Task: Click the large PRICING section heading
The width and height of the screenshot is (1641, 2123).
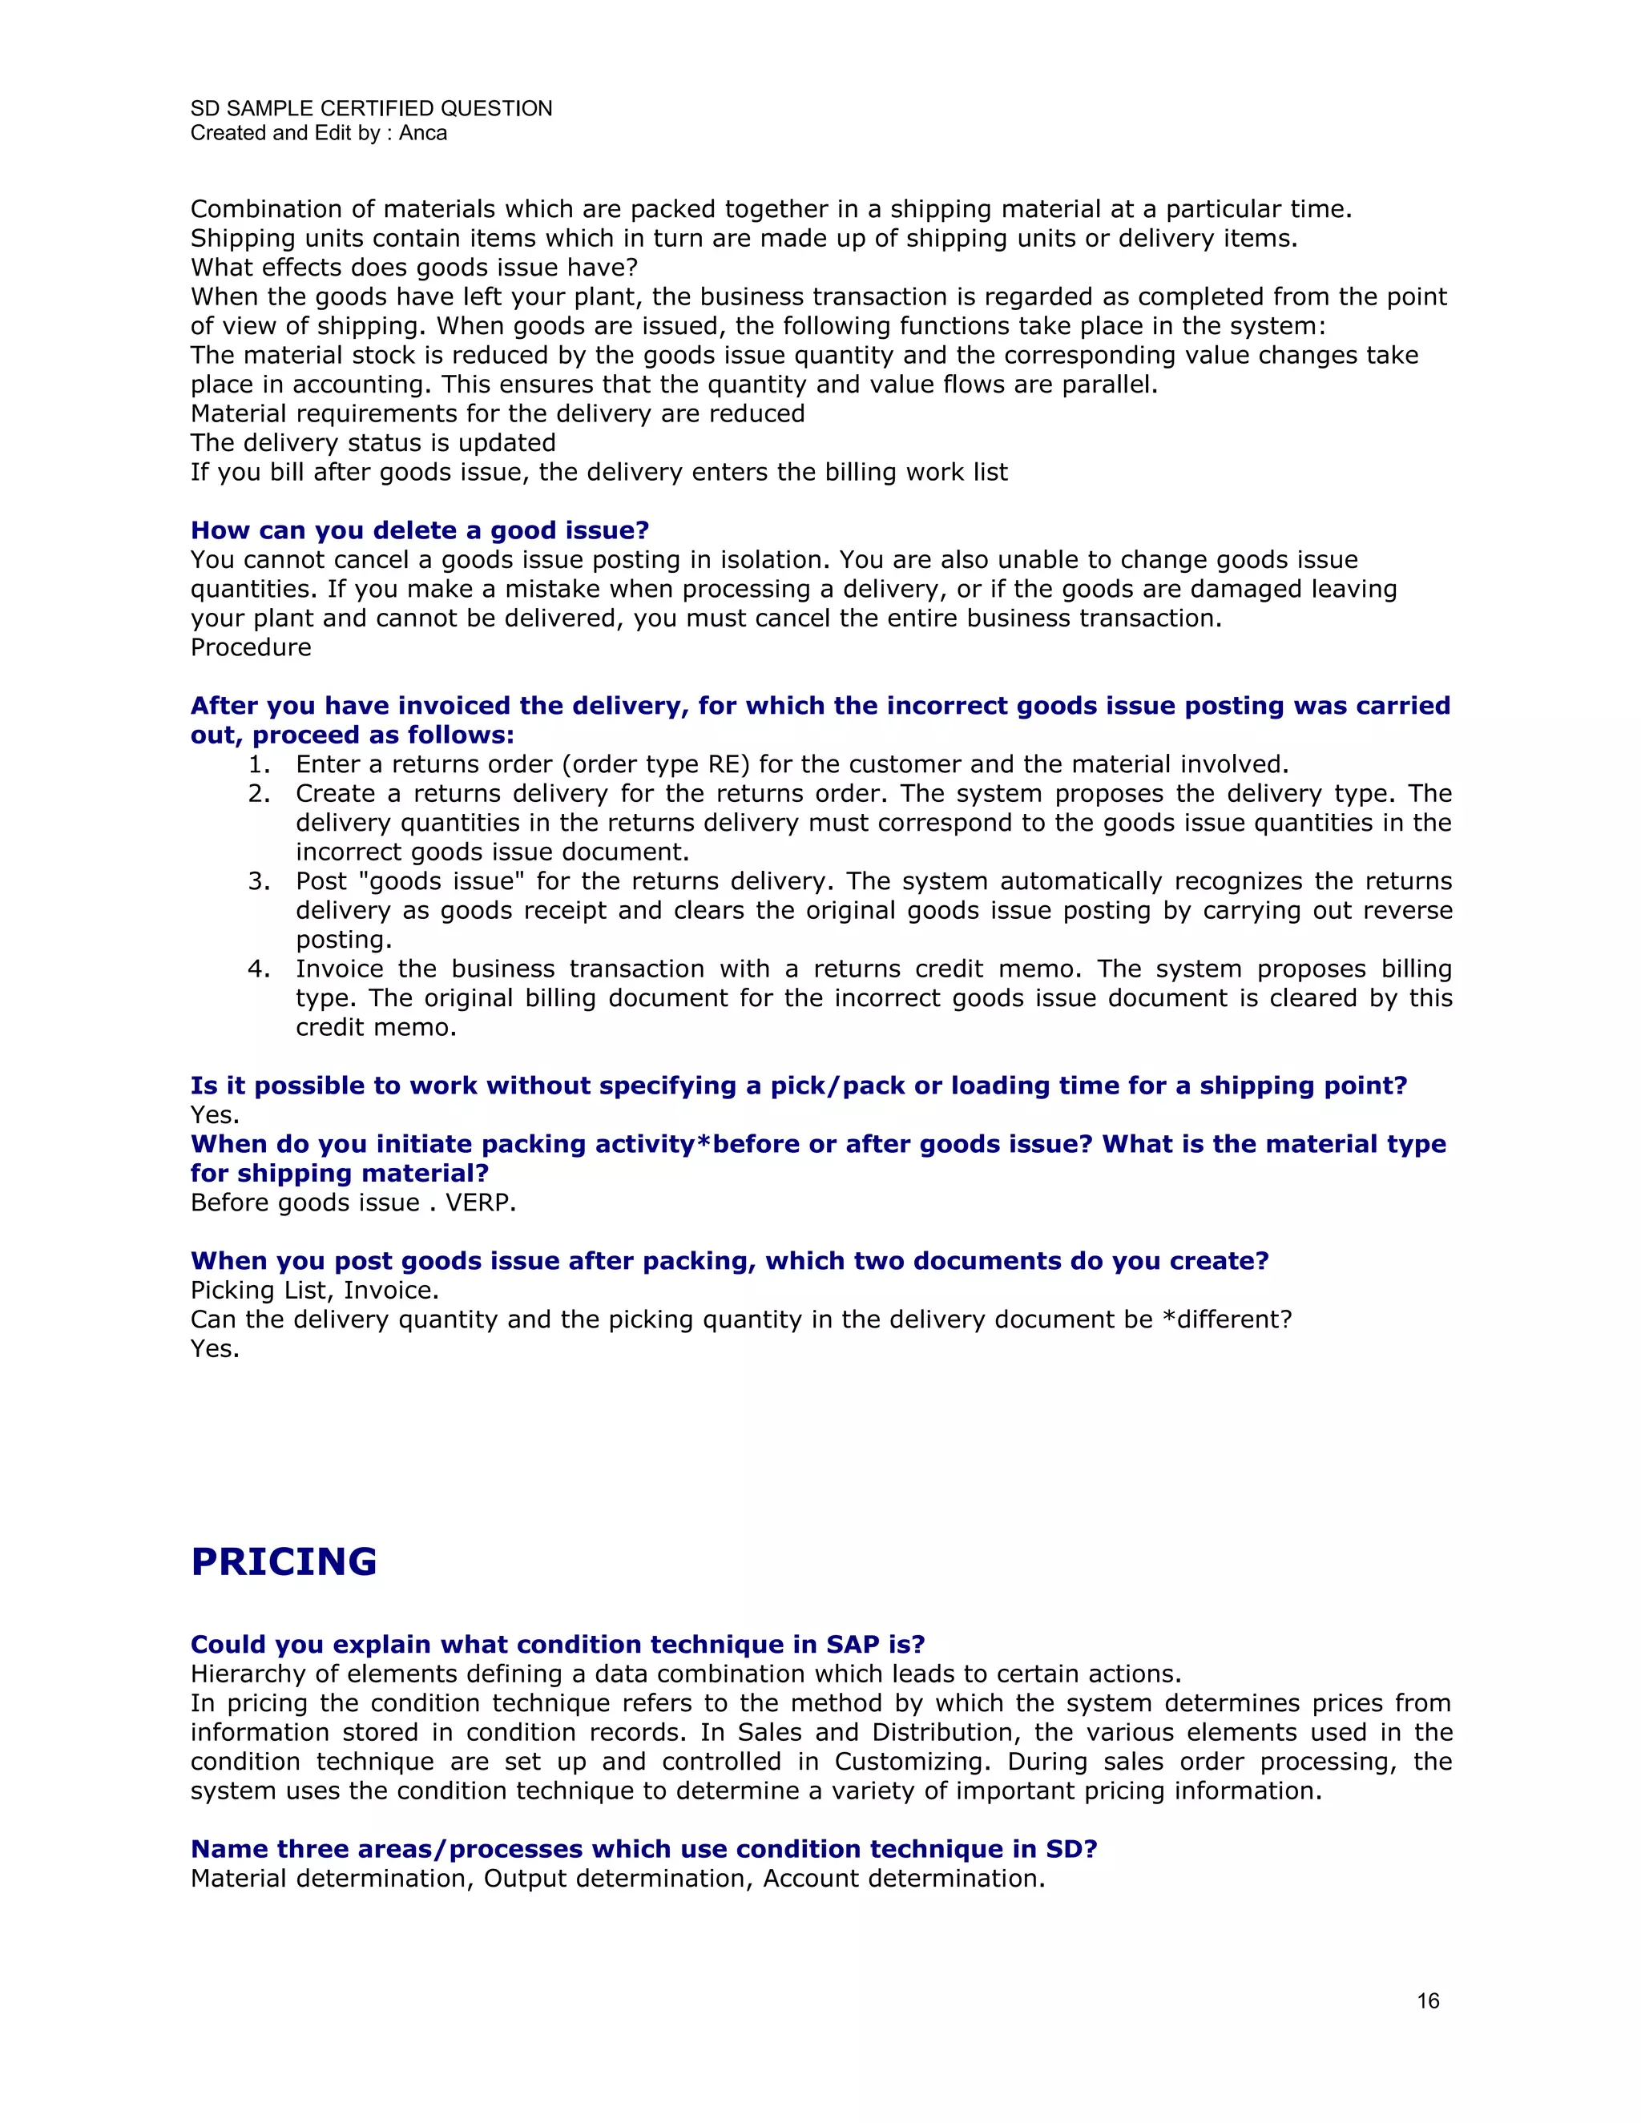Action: pyautogui.click(x=283, y=1562)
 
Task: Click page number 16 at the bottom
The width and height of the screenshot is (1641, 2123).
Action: pyautogui.click(x=1427, y=2000)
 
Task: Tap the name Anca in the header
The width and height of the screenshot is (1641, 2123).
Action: pyautogui.click(x=423, y=133)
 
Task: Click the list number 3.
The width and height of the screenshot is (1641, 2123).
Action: pyautogui.click(x=259, y=882)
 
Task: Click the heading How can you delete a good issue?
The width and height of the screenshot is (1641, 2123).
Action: pyautogui.click(x=419, y=530)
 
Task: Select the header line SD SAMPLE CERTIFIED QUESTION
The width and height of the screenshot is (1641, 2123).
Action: pyautogui.click(x=371, y=108)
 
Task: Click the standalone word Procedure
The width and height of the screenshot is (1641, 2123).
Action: pyautogui.click(x=251, y=647)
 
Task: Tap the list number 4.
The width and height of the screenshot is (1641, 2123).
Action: pyautogui.click(x=259, y=969)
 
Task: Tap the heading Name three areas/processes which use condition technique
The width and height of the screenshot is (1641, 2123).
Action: pyautogui.click(x=643, y=1849)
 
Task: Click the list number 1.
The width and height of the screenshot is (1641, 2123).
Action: pyautogui.click(x=259, y=765)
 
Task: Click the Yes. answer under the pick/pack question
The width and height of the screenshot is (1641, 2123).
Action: pyautogui.click(x=215, y=1115)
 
